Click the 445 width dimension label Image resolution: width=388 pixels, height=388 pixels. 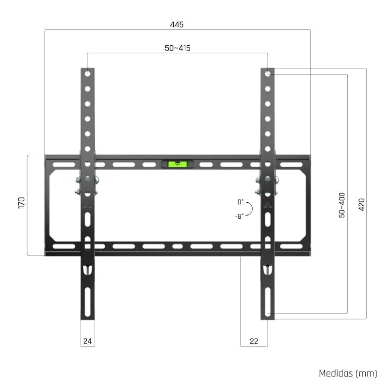[177, 24]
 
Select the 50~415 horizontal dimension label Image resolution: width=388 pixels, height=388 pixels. [177, 48]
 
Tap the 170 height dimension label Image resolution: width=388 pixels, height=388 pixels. [21, 203]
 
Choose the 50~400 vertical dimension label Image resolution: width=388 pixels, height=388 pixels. [342, 205]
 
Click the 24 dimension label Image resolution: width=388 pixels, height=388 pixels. [87, 341]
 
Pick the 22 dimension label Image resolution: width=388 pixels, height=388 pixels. [254, 341]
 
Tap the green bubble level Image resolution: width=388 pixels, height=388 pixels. [177, 164]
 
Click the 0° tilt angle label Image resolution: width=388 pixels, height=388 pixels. [241, 202]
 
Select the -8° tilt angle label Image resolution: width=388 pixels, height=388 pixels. [240, 216]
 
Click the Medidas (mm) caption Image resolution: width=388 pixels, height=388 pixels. [347, 373]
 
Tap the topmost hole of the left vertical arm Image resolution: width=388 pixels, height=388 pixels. [87, 74]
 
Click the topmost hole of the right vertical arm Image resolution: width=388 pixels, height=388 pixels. [268, 74]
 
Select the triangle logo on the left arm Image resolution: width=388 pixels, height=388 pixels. [87, 205]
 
